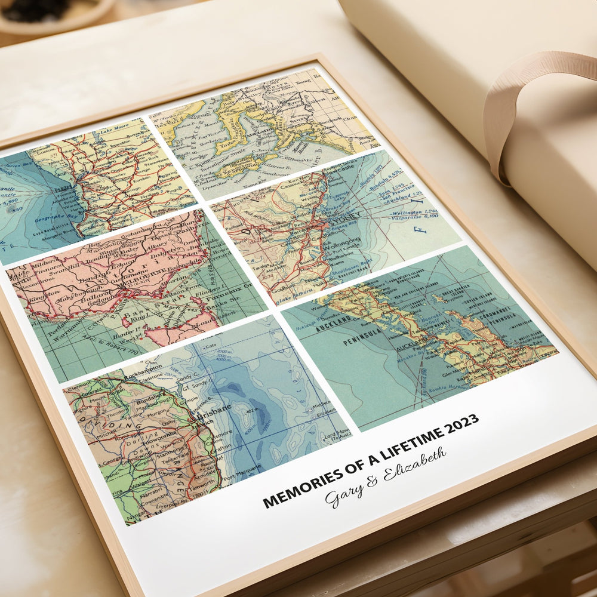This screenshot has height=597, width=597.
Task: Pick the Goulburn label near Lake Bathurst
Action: click(x=283, y=294)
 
